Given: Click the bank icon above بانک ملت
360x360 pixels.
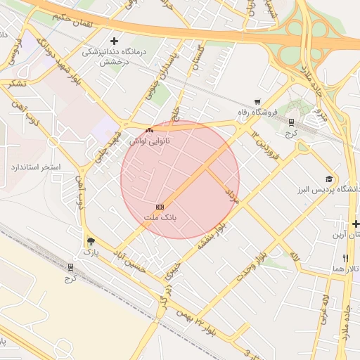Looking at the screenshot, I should (x=160, y=207).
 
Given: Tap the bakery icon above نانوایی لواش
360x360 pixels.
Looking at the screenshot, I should (x=149, y=130).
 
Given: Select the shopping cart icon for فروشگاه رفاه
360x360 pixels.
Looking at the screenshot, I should (x=258, y=101).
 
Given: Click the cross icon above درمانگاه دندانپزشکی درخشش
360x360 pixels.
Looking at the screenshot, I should (x=114, y=41).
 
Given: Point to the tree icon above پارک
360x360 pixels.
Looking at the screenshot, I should (x=90, y=240).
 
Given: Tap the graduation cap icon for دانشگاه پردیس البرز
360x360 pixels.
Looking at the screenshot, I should (x=328, y=179).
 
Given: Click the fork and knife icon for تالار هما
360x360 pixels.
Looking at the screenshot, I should (x=345, y=259).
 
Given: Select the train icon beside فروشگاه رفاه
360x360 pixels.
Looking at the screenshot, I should (x=291, y=121).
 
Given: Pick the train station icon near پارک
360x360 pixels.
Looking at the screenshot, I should (x=70, y=266).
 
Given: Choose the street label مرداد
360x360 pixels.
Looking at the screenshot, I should (x=231, y=196).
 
